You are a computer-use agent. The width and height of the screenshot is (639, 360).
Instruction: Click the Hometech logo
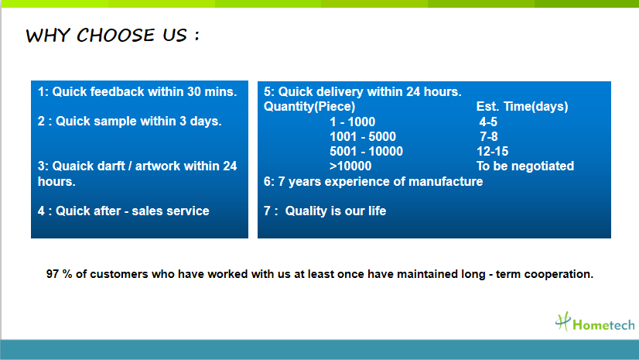click(595, 322)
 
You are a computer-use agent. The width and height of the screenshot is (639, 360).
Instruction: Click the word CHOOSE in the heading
click(116, 35)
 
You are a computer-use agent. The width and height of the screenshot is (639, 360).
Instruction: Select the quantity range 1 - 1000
click(353, 122)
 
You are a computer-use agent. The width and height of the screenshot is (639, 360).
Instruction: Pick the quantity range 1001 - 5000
click(363, 136)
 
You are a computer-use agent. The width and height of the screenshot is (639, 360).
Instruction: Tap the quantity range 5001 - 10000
click(366, 151)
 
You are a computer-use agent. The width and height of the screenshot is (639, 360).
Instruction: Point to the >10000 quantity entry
click(350, 166)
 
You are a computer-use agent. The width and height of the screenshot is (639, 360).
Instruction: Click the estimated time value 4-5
click(488, 122)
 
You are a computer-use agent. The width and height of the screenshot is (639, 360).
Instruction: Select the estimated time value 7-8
click(489, 136)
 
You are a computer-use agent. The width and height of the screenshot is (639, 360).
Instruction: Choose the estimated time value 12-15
click(492, 151)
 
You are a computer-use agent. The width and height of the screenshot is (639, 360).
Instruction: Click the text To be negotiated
click(525, 166)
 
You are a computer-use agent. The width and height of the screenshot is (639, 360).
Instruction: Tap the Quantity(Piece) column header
click(309, 106)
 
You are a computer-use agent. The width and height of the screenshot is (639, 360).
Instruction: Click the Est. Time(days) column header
click(522, 106)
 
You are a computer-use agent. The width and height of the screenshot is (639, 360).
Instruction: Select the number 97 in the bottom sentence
click(53, 274)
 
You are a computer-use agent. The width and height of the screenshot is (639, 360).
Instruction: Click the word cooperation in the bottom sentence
click(559, 274)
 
